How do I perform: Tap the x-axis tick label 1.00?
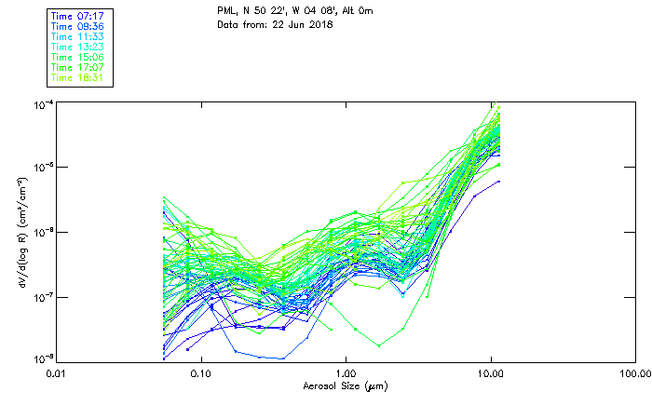346,373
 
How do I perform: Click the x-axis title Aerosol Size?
345,385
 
